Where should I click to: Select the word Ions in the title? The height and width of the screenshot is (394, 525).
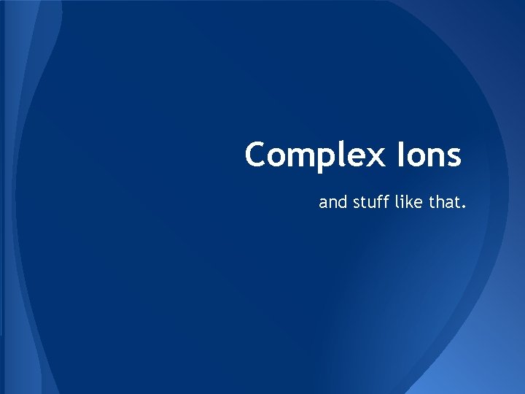tap(431, 155)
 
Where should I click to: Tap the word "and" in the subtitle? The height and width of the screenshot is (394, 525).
tap(333, 201)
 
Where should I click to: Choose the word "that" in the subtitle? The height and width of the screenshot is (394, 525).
tap(444, 201)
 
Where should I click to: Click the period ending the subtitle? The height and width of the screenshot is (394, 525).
tap(462, 206)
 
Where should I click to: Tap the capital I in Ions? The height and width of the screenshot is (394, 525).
tap(402, 155)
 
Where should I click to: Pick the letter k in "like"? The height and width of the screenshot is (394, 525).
tap(411, 201)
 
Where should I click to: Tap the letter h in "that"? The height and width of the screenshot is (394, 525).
tap(440, 201)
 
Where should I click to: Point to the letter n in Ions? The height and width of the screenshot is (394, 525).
tap(435, 158)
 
